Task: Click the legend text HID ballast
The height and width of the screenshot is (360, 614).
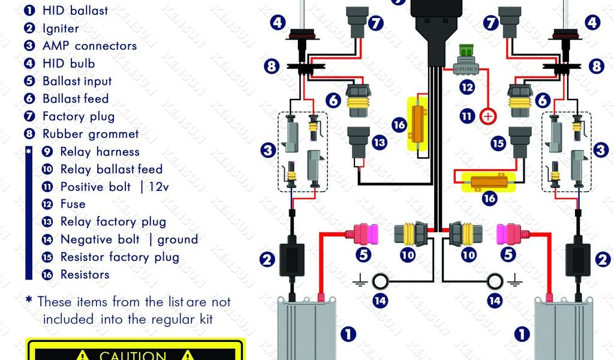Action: click(x=75, y=11)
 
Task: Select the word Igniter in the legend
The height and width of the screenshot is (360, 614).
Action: click(x=61, y=28)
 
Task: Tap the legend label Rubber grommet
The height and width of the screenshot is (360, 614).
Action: click(x=91, y=134)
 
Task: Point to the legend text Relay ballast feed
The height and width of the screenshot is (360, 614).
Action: click(x=111, y=169)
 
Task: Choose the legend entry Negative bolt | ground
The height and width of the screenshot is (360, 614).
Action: click(x=130, y=239)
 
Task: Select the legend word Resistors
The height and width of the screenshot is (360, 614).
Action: click(x=85, y=275)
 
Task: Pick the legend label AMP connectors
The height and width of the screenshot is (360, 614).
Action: click(x=90, y=46)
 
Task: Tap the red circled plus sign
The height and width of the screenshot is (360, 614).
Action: click(x=488, y=116)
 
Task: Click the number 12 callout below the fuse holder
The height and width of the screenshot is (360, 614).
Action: click(x=467, y=87)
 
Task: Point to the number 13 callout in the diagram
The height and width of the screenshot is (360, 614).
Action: click(x=379, y=142)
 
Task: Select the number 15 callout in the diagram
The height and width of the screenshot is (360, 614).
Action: click(x=498, y=143)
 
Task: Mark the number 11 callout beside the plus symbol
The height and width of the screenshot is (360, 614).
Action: click(x=467, y=116)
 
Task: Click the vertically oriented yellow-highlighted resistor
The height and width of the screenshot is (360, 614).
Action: click(x=417, y=124)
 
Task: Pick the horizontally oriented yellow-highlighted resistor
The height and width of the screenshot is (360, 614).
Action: click(x=489, y=182)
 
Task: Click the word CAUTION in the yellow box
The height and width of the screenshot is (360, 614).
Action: click(x=133, y=355)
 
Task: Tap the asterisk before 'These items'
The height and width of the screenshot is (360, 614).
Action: click(x=29, y=301)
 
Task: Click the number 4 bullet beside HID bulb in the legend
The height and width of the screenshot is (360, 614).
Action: click(x=29, y=64)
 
